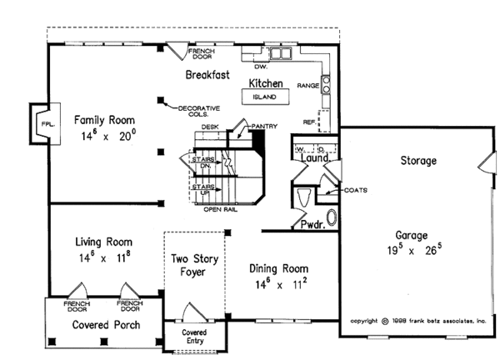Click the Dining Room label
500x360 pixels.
[x=278, y=269]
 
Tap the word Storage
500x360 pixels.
[x=419, y=159]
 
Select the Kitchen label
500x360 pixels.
[x=266, y=83]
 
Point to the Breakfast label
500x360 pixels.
[x=207, y=75]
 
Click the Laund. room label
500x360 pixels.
[x=315, y=157]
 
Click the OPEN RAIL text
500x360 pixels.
[x=222, y=209]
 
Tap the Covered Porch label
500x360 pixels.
[x=105, y=324]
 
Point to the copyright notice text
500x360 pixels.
[x=417, y=320]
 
